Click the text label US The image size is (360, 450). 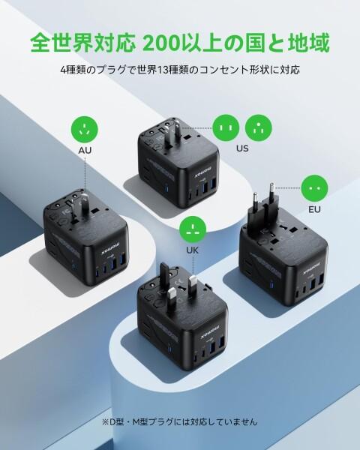point(241,148)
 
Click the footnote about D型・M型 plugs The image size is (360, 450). point(180,421)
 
